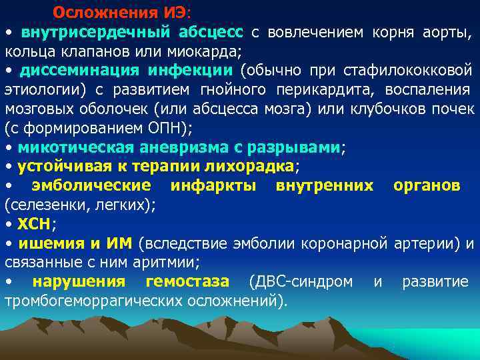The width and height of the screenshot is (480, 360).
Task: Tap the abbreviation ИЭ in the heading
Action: click(x=165, y=13)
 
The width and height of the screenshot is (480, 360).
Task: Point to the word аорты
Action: click(x=447, y=32)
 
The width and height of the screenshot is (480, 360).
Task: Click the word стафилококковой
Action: click(x=408, y=70)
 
